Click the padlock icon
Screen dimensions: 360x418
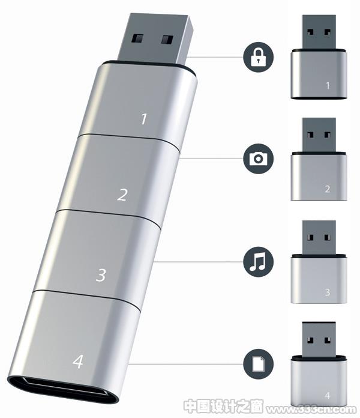click(x=258, y=57)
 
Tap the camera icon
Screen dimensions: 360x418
click(x=258, y=159)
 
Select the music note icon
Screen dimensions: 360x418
click(x=257, y=261)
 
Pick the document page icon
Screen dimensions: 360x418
click(x=258, y=364)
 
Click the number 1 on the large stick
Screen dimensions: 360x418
click(x=144, y=119)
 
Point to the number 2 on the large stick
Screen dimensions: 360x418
click(x=122, y=195)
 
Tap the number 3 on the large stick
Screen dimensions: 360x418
click(x=101, y=275)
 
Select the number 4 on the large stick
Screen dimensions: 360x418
click(x=78, y=362)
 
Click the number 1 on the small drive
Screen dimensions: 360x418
click(x=328, y=85)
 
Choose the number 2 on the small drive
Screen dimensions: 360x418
click(x=328, y=189)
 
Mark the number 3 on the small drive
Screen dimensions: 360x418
click(x=328, y=292)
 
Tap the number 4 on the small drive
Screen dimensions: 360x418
click(x=328, y=395)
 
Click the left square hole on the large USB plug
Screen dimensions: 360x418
click(x=137, y=38)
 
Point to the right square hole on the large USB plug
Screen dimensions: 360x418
click(x=167, y=40)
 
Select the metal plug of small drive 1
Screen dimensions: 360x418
click(x=319, y=32)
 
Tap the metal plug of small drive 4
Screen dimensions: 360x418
click(x=319, y=339)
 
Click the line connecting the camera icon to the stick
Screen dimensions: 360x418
click(x=211, y=159)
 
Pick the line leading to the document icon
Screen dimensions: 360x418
click(x=185, y=363)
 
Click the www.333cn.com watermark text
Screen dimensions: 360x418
click(x=311, y=409)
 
